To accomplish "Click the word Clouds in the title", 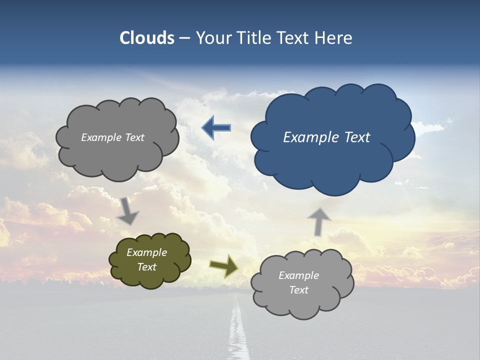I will point(147,38).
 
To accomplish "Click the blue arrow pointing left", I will point(216,128).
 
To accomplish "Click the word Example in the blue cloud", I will point(309,137).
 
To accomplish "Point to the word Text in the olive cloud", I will point(147,267).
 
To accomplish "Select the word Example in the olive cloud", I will point(147,252).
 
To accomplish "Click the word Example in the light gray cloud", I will point(298,275).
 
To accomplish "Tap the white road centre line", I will point(236,330).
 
